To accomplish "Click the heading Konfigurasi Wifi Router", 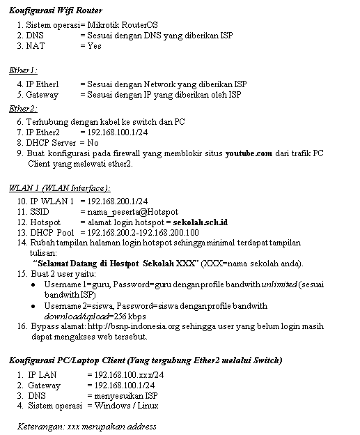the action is tap(55, 10).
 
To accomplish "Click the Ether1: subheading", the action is tap(23, 70).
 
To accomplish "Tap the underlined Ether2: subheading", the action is tap(23, 109).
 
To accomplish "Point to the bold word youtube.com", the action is tap(248, 153).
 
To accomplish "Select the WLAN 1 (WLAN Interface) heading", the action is tap(59, 188).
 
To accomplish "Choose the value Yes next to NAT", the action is tap(94, 46).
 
